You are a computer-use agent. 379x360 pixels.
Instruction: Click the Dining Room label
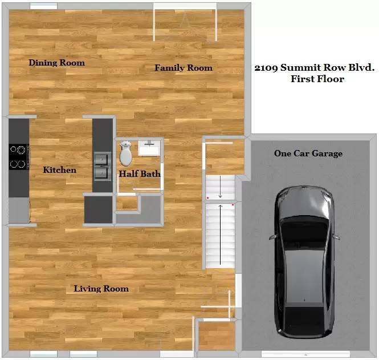pos(56,63)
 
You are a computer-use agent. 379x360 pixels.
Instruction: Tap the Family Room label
pos(184,68)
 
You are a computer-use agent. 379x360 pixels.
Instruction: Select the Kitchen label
pos(59,170)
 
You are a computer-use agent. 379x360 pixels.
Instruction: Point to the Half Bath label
pos(139,174)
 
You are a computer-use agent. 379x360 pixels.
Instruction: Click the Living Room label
pos(101,289)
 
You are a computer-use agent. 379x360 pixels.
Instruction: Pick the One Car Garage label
pos(308,153)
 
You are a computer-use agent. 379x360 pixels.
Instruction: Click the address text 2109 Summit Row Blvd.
pos(314,68)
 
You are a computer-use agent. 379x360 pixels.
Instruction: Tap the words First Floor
pos(317,79)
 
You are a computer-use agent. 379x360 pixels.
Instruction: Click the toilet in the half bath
pos(125,153)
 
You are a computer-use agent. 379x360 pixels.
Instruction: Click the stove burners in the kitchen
pos(19,157)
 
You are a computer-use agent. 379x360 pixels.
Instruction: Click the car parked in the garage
pos(304,262)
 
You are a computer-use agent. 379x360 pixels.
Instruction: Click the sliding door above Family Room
pos(185,7)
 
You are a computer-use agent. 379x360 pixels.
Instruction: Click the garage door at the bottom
pos(303,354)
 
